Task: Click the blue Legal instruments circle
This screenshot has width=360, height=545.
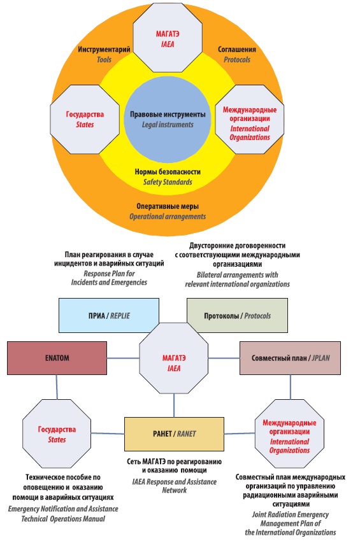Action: pyautogui.click(x=168, y=120)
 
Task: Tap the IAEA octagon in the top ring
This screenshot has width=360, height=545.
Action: pyautogui.click(x=168, y=39)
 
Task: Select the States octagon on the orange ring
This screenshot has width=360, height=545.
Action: pyautogui.click(x=85, y=119)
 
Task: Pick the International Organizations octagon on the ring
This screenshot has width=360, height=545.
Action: pyautogui.click(x=250, y=119)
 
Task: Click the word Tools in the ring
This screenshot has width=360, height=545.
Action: pyautogui.click(x=104, y=59)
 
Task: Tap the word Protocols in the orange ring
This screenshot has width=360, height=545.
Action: pyautogui.click(x=237, y=60)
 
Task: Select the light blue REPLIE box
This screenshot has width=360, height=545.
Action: pyautogui.click(x=109, y=316)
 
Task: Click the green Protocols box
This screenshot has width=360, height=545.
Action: pyautogui.click(x=237, y=316)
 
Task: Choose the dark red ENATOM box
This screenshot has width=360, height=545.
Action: pyautogui.click(x=57, y=358)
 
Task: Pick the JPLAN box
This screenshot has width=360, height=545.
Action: pyautogui.click(x=290, y=358)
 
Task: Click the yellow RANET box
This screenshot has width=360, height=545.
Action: pyautogui.click(x=174, y=434)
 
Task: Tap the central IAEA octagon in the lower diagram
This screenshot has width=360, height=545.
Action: pyautogui.click(x=174, y=358)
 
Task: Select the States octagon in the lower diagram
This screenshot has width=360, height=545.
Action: pyautogui.click(x=57, y=434)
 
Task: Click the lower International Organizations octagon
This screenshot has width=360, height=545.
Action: pyautogui.click(x=289, y=434)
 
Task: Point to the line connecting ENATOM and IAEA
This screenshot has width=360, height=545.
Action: pyautogui.click(x=123, y=358)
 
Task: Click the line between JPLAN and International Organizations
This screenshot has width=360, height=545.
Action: pyautogui.click(x=291, y=387)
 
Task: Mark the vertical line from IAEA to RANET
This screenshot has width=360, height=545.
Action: pyautogui.click(x=174, y=406)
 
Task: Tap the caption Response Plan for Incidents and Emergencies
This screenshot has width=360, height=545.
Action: pyautogui.click(x=109, y=278)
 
